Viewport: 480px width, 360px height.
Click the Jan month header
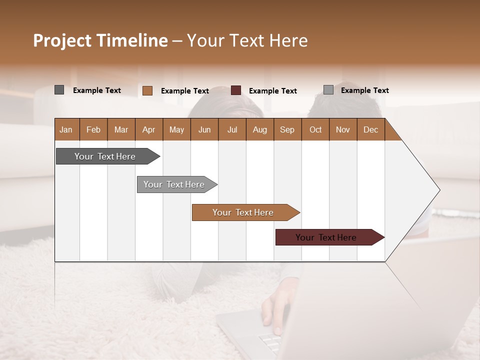pos(66,129)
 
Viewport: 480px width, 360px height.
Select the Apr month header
pos(149,129)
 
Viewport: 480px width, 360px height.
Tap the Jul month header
pos(232,129)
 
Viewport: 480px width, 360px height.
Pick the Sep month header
pos(287,129)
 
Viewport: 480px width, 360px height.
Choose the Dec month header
pos(370,129)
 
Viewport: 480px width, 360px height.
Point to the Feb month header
pos(93,129)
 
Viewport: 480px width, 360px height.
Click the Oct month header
pos(315,129)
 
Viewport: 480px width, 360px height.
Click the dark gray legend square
pos(59,90)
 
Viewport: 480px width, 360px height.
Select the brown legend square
pos(147,90)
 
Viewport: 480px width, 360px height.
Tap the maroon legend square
pos(236,90)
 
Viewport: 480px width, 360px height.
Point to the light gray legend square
pos(328,90)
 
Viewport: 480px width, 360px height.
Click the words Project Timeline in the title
pos(100,40)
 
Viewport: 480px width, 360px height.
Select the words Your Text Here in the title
pos(247,40)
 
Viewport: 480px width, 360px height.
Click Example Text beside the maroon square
pos(272,91)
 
